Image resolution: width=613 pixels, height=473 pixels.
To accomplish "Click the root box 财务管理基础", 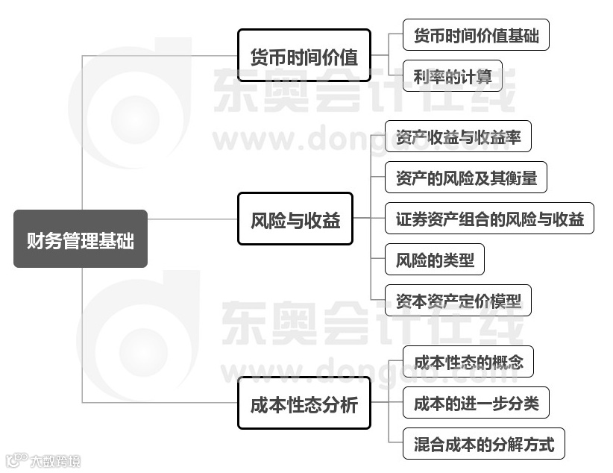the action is pos(81,239).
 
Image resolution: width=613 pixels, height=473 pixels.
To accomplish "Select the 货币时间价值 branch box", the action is pos(304,56).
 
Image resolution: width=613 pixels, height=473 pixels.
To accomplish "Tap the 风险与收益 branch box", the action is pos(295,220).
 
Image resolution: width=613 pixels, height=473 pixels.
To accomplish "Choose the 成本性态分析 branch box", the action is pos(304,405).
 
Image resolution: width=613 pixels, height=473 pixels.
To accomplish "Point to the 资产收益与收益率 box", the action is pos(458,139).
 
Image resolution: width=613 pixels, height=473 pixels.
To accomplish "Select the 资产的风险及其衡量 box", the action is pos(465,178).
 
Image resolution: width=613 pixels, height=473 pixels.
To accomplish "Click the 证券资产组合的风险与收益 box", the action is pos(489,219).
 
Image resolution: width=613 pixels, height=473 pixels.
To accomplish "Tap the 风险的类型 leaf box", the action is pos(434,260).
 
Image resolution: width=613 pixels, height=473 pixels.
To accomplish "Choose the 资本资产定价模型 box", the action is pos(458,301).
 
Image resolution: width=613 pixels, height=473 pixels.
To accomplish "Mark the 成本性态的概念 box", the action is pos(468,363).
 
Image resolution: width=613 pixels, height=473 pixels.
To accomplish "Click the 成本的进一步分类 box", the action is pos(476,404).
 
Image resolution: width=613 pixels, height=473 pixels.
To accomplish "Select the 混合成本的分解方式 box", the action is pos(483,445).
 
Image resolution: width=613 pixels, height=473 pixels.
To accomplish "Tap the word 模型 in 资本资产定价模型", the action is pos(503,301).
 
